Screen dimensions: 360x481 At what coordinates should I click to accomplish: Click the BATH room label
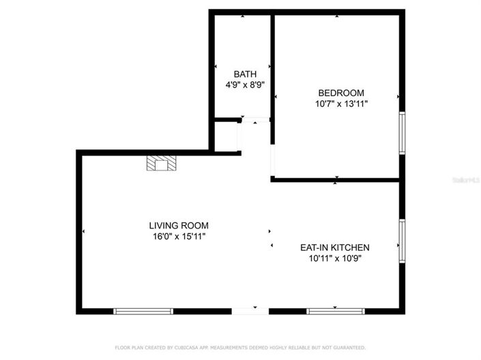point(245,74)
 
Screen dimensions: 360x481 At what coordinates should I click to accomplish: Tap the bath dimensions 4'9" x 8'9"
point(245,85)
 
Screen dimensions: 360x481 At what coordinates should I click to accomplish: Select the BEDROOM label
point(340,93)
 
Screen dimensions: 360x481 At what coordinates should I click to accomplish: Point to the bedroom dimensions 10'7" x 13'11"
point(340,104)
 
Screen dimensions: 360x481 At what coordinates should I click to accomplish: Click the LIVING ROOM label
point(179,225)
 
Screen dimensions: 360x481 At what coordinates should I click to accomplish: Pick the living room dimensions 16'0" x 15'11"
point(179,237)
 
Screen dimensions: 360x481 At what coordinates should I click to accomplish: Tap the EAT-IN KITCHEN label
point(335,247)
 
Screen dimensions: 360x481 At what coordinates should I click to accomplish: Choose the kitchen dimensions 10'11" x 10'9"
point(335,259)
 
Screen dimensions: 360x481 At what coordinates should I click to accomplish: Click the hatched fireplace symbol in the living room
point(162,164)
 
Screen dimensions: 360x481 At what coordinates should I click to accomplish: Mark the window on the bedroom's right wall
point(402,134)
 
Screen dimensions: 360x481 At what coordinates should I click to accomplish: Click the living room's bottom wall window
point(143,311)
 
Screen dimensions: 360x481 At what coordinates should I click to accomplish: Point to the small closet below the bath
point(225,136)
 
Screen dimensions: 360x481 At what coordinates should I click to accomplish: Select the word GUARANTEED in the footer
point(347,347)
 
